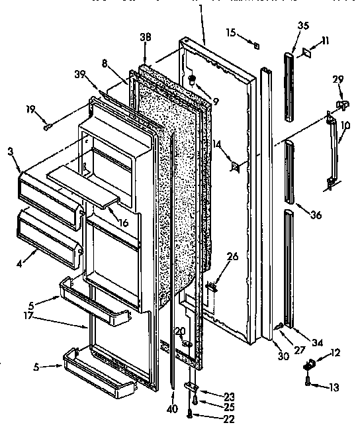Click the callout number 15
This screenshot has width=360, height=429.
[230, 31]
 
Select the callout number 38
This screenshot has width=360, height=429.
[145, 38]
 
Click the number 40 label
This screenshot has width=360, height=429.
[172, 408]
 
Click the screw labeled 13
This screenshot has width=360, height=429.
[308, 380]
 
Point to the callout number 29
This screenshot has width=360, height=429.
[338, 79]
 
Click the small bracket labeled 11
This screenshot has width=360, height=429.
[308, 51]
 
